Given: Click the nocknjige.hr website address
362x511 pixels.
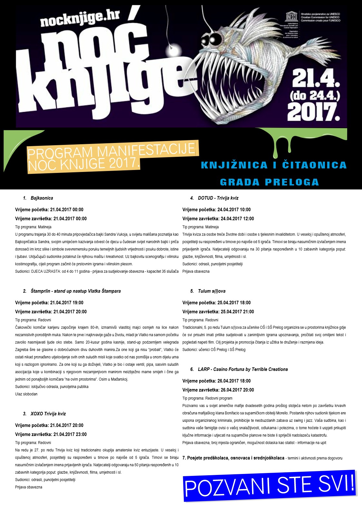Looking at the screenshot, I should tap(80, 19).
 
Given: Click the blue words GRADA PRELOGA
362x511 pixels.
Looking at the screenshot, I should tap(269, 182).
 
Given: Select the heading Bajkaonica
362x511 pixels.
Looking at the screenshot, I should tap(42, 198).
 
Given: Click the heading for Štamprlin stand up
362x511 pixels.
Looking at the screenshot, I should tap(75, 291).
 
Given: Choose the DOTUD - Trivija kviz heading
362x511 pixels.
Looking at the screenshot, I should tap(218, 198).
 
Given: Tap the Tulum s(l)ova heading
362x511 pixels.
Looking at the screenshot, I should tap(211, 291).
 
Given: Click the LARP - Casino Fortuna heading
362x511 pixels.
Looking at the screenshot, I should tap(242, 369).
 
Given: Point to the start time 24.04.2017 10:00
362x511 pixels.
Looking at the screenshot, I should tap(234, 210).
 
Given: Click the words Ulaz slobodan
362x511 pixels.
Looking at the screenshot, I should tap(26, 394).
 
